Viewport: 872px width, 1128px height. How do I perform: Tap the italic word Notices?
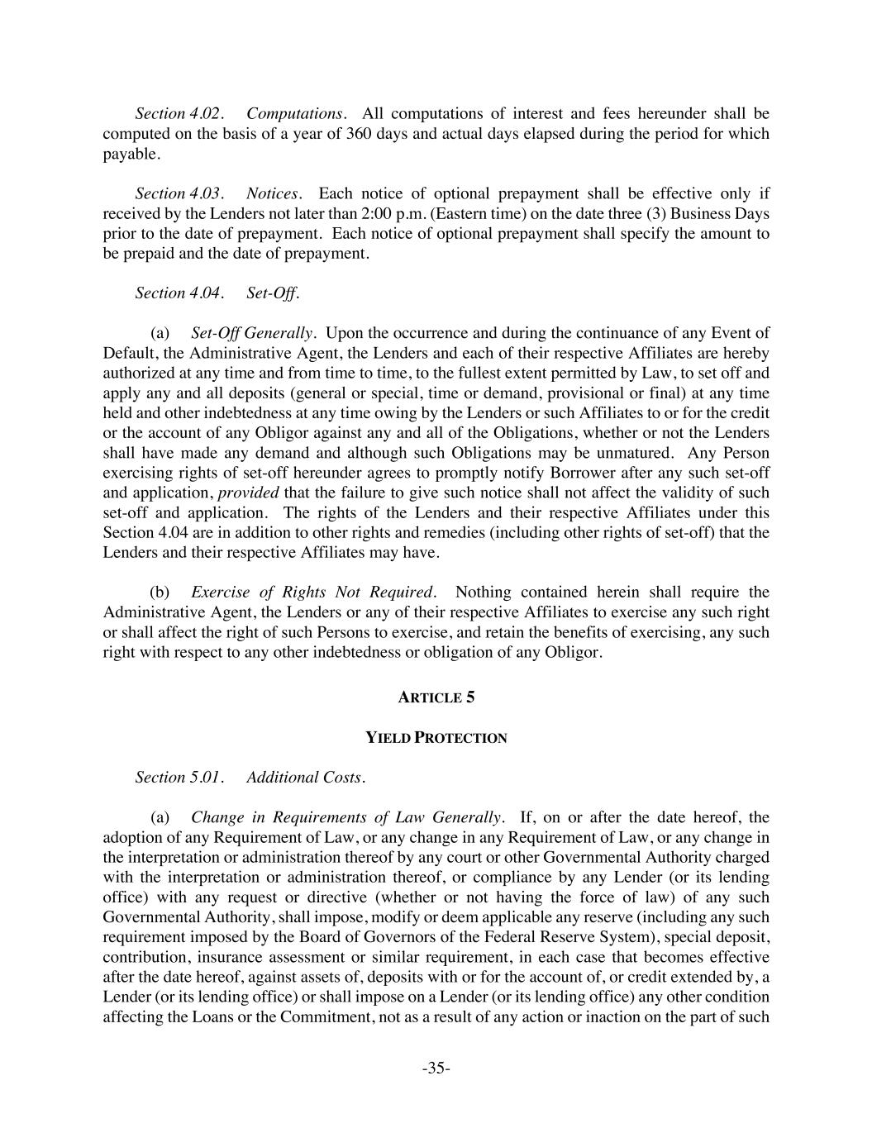274,193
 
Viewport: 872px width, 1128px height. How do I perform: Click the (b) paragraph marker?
160,593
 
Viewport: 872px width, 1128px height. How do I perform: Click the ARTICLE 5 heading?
436,697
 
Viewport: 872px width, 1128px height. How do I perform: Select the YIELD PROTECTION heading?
436,738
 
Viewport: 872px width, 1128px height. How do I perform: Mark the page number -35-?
436,1069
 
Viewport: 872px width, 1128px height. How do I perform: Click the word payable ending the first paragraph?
130,154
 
